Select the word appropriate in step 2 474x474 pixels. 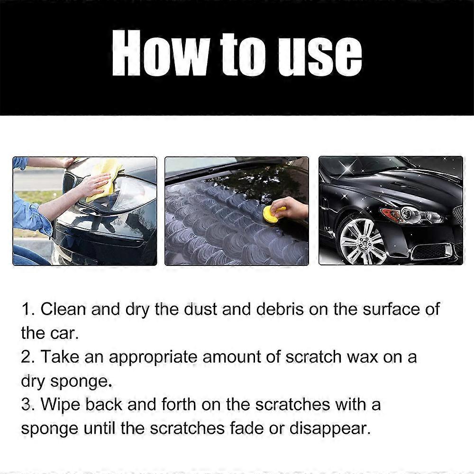click(x=153, y=356)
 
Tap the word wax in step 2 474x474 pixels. click(x=354, y=356)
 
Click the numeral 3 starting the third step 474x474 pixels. click(x=27, y=404)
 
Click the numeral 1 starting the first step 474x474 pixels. click(x=26, y=309)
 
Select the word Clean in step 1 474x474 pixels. click(x=63, y=309)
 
